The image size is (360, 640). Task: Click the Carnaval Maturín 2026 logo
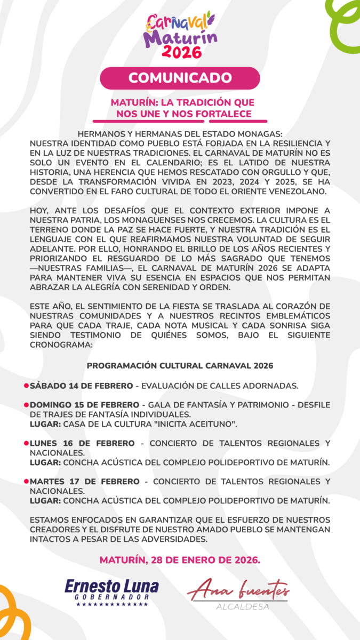(x=180, y=35)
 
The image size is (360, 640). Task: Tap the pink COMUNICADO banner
(x=180, y=78)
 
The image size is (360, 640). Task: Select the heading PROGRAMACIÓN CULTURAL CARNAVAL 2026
(x=180, y=366)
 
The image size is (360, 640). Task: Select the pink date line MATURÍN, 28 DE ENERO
(x=180, y=561)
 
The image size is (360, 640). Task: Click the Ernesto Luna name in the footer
(x=111, y=587)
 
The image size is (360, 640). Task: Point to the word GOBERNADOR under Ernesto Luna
(x=111, y=597)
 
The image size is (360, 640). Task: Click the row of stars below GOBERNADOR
(x=111, y=605)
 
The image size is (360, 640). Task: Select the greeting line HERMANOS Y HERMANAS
(x=180, y=134)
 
